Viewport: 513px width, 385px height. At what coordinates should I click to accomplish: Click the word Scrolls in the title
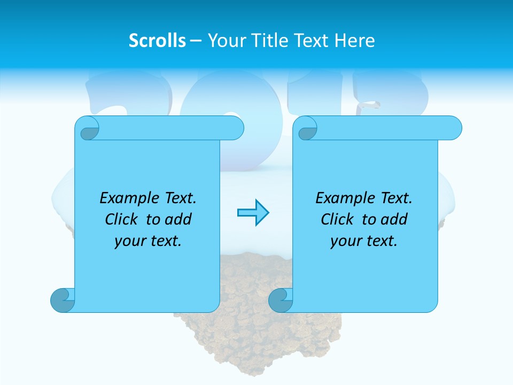pyautogui.click(x=158, y=41)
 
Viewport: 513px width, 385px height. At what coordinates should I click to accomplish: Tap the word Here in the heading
pyautogui.click(x=355, y=41)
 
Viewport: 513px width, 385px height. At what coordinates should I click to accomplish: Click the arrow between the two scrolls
pyautogui.click(x=253, y=213)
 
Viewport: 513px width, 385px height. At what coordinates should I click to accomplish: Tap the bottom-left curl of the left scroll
pyautogui.click(x=63, y=300)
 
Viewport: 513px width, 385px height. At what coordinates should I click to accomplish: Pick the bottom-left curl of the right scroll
pyautogui.click(x=281, y=300)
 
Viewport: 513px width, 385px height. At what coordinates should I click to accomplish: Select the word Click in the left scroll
pyautogui.click(x=121, y=219)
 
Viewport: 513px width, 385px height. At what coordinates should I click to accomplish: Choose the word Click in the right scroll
pyautogui.click(x=337, y=219)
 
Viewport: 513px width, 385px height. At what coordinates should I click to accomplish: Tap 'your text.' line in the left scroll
pyautogui.click(x=148, y=241)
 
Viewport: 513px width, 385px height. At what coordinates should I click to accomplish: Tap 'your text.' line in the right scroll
pyautogui.click(x=364, y=241)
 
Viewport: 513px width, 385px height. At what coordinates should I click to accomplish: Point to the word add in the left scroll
pyautogui.click(x=178, y=219)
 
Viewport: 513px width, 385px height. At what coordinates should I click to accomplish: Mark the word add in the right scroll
pyautogui.click(x=394, y=219)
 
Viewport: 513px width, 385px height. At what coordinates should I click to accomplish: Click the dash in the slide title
pyautogui.click(x=196, y=41)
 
